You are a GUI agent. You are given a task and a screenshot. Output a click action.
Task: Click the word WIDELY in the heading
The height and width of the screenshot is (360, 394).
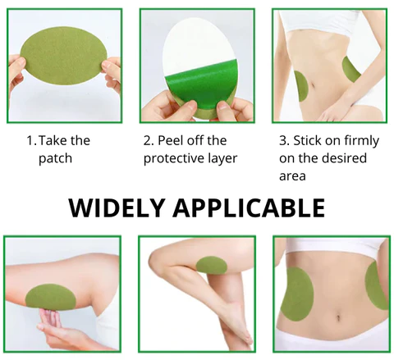click(117, 207)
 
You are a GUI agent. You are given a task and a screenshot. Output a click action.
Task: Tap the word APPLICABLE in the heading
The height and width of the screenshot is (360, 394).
click(249, 207)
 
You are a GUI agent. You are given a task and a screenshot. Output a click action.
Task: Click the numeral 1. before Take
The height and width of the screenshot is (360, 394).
click(31, 140)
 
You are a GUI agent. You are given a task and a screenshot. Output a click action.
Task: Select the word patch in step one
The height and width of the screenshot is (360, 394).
click(55, 158)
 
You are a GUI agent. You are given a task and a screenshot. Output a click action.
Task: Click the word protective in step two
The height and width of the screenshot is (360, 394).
click(171, 158)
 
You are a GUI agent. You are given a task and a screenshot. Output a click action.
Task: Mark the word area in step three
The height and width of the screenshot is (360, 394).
click(292, 176)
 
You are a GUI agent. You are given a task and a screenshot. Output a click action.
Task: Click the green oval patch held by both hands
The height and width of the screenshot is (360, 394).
click(64, 56)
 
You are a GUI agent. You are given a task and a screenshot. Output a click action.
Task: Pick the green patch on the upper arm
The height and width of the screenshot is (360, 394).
click(50, 297)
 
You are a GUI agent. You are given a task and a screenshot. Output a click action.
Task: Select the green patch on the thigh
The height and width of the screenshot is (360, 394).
click(212, 265)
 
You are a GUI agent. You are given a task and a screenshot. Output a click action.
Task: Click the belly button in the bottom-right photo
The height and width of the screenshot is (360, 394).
click(338, 318)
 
